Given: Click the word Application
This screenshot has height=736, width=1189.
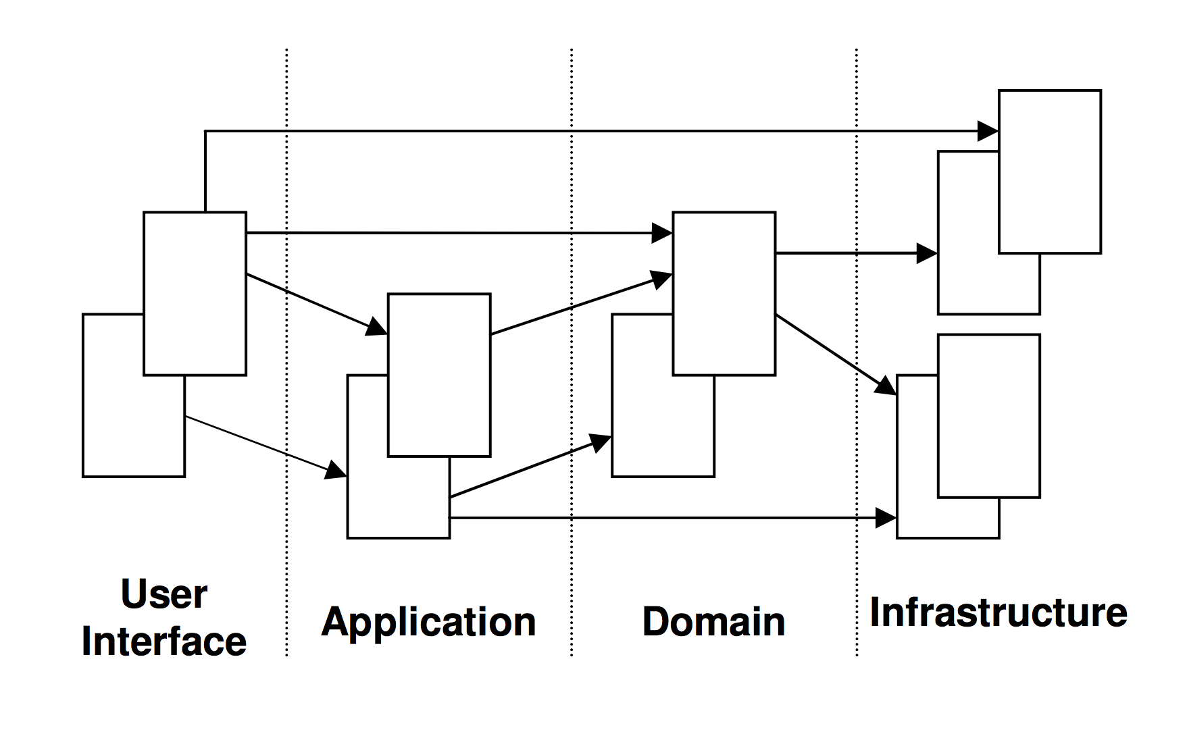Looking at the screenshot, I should [x=428, y=621].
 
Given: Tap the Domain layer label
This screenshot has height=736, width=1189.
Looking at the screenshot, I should [x=713, y=621].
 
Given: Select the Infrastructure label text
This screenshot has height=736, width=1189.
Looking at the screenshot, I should [x=998, y=612].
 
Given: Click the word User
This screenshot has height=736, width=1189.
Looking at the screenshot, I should [x=164, y=594].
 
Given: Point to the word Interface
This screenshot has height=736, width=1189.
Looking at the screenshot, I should [x=164, y=641].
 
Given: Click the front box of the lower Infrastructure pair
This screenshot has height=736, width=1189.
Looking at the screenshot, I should [x=988, y=416].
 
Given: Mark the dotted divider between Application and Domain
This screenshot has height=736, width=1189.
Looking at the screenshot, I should [x=572, y=169].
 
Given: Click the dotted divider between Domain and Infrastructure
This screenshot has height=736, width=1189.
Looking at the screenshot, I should [x=857, y=169].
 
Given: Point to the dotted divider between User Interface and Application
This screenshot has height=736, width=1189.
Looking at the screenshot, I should [x=286, y=169].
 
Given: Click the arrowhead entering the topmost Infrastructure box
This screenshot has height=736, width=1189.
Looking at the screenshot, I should [x=988, y=131].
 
